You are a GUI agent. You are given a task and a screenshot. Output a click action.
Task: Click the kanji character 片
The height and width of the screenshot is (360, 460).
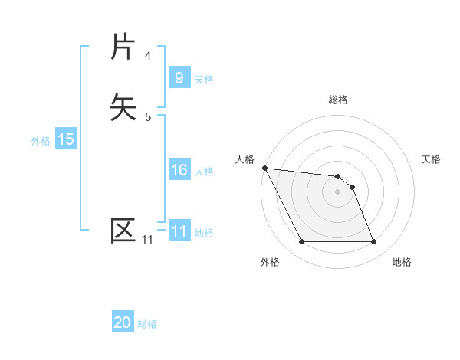(x=123, y=47)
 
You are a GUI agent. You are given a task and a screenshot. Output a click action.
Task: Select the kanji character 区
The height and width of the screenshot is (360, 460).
(x=123, y=231)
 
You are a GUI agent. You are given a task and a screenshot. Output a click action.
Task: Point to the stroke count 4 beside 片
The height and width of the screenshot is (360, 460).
(x=148, y=56)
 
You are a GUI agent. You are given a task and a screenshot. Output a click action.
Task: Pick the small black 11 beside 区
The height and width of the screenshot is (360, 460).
(x=147, y=241)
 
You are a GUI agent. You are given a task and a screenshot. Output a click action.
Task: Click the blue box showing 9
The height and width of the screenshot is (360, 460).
(x=179, y=78)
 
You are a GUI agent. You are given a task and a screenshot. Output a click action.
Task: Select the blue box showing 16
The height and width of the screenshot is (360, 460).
(x=179, y=170)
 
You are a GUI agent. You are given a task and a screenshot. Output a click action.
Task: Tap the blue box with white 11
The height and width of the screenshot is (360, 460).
(x=179, y=231)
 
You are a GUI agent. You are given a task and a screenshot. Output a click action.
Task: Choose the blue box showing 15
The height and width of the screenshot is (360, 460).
(x=65, y=140)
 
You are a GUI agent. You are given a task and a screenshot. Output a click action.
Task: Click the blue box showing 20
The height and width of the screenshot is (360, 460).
(x=123, y=323)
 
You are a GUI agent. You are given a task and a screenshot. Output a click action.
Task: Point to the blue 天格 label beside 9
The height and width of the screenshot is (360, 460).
(x=204, y=79)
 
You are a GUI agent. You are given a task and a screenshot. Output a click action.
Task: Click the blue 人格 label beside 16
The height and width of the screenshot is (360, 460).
(x=204, y=171)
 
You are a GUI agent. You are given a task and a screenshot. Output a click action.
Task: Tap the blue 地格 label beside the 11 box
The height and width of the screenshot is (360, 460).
(x=204, y=232)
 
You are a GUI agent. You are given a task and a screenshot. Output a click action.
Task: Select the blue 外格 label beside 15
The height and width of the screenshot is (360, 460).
(x=41, y=141)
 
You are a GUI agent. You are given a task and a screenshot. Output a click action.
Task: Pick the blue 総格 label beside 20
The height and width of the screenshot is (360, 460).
(x=147, y=324)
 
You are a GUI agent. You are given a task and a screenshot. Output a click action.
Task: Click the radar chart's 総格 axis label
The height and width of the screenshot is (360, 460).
(x=338, y=100)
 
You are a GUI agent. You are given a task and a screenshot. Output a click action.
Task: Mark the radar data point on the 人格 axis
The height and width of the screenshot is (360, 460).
(x=264, y=168)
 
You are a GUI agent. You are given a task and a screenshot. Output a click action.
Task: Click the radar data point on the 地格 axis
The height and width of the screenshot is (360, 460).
(x=374, y=242)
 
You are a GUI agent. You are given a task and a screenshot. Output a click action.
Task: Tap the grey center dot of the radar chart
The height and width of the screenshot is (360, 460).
(x=338, y=191)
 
